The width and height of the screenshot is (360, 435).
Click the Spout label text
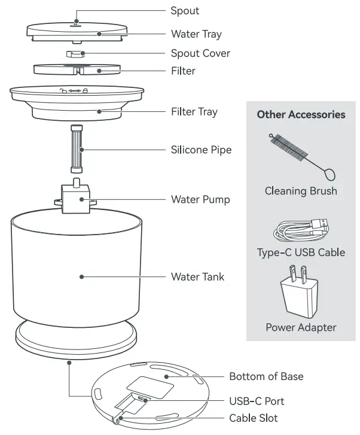point(185,11)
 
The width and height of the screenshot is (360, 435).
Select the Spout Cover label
point(200,53)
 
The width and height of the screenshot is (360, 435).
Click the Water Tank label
point(197,276)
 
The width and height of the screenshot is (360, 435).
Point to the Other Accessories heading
point(301,114)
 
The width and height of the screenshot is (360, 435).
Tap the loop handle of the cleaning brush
point(328,175)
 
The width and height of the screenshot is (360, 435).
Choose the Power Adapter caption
point(301,327)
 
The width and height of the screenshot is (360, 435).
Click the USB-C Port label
point(257,401)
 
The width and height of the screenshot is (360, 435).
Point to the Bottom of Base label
point(266,376)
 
